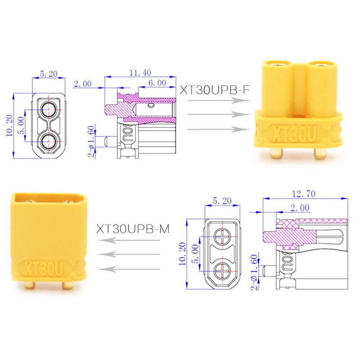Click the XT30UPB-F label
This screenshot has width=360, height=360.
coord(215,90)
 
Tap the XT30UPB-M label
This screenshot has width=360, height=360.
coord(133,229)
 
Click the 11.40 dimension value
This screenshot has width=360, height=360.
coord(140,73)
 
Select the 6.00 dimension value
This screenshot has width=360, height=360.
coord(157,83)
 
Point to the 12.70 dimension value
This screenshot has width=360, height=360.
coord(304,194)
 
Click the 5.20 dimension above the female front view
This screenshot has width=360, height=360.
coord(49,74)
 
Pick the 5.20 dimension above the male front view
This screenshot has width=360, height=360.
coord(222,201)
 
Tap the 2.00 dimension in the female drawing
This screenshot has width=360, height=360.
coord(83,84)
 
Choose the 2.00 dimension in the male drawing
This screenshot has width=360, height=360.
coord(300,208)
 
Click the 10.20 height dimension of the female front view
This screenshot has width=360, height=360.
coord(9,126)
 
